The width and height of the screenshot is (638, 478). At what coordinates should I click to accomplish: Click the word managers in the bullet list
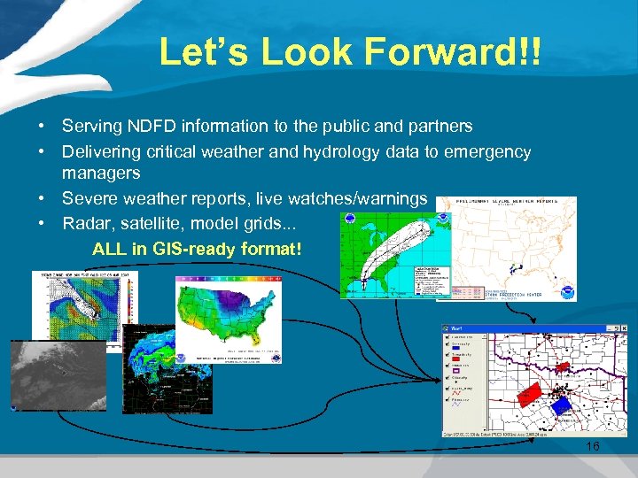(101, 173)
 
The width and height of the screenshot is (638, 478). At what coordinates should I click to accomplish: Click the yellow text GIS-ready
(193, 249)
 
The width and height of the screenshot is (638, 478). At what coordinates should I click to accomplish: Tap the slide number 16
(592, 447)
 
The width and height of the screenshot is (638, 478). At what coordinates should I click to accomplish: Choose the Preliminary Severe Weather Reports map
(506, 250)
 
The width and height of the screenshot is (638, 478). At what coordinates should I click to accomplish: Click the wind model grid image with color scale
(84, 305)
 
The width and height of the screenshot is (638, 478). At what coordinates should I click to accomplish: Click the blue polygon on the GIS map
(560, 405)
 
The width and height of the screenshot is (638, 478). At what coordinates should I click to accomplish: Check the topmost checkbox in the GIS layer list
(447, 337)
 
